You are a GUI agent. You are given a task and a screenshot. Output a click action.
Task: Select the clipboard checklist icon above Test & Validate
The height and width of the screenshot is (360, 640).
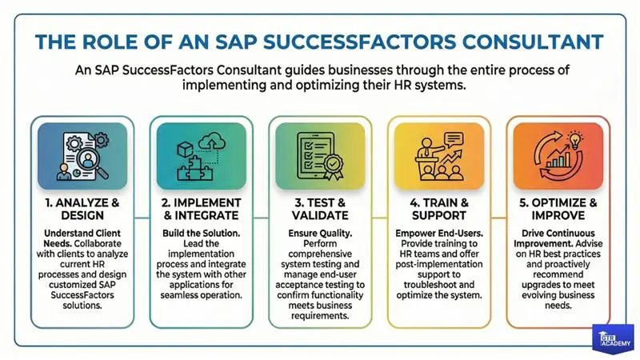click(x=314, y=156)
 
